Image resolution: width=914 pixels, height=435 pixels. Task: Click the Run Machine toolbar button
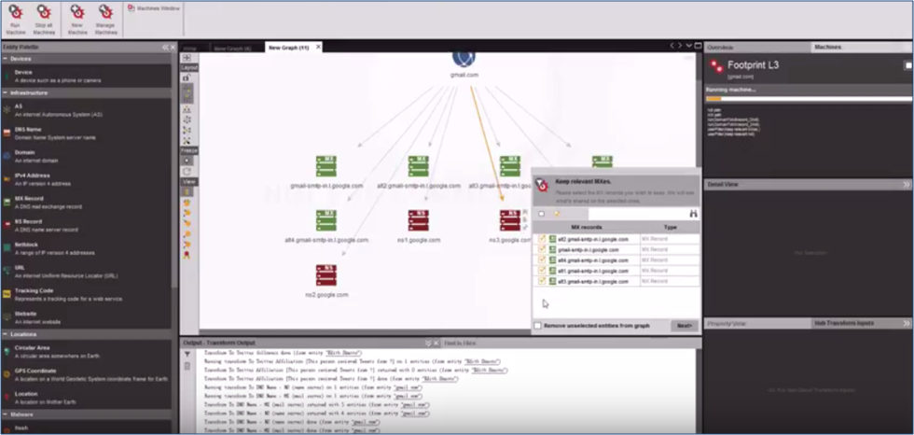[x=16, y=17]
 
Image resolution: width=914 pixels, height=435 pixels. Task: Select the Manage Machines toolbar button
[x=104, y=17]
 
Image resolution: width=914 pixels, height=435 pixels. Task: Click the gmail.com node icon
[x=464, y=58]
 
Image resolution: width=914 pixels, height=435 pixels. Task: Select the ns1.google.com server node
[x=418, y=220]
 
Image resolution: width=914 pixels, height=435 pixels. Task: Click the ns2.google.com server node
[x=325, y=274]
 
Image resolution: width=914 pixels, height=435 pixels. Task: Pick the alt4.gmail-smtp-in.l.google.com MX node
[x=325, y=220]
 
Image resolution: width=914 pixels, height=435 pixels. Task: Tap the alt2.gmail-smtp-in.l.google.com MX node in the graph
[x=418, y=166]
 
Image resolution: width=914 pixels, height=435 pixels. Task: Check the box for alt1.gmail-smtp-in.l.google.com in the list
[x=542, y=271]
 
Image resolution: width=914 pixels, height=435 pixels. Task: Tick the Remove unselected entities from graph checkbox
[x=538, y=325]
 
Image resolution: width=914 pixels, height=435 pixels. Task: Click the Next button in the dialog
[x=684, y=326]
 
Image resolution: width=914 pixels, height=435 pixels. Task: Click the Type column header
[x=670, y=227]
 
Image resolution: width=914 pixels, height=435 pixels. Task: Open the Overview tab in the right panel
[x=720, y=46]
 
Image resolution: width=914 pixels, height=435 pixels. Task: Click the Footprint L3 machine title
[x=754, y=66]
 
